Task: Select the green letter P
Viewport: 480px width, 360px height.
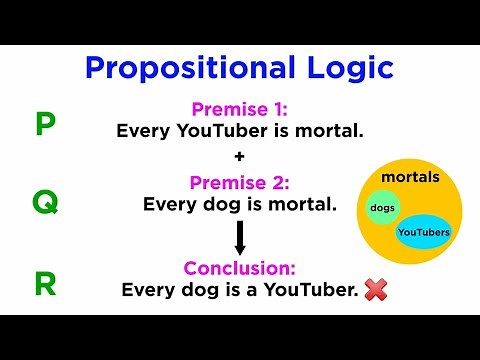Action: (x=45, y=125)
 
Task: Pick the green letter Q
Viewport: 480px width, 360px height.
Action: (x=45, y=203)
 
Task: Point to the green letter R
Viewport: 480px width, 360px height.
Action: (x=45, y=285)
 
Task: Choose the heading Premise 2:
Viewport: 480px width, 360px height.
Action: (x=240, y=183)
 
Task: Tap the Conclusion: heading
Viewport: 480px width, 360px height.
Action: (x=240, y=268)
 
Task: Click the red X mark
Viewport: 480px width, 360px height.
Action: (x=376, y=290)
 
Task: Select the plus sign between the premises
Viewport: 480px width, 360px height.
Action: (x=240, y=158)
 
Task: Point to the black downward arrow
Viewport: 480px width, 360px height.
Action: (x=240, y=237)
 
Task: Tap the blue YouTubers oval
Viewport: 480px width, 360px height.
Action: (x=423, y=232)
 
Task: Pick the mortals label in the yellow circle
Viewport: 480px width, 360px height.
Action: (x=416, y=177)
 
